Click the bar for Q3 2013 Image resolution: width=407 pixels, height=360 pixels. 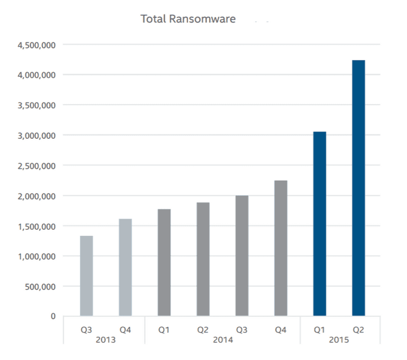(x=86, y=276)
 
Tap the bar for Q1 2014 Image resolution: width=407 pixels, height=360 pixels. (x=164, y=262)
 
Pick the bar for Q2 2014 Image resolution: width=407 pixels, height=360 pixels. (x=203, y=259)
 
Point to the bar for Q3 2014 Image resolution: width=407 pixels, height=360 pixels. (x=242, y=256)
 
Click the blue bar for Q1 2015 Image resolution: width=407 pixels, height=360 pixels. (x=319, y=224)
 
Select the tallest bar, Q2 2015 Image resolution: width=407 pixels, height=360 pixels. (x=358, y=188)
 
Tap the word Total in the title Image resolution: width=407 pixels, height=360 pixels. (x=154, y=19)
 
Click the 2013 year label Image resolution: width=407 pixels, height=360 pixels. (x=106, y=340)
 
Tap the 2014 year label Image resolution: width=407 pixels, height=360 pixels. (x=222, y=340)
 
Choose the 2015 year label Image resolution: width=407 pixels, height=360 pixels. (x=339, y=340)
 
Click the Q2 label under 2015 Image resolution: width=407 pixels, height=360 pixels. (x=358, y=330)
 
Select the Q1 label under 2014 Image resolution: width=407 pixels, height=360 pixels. (x=164, y=330)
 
